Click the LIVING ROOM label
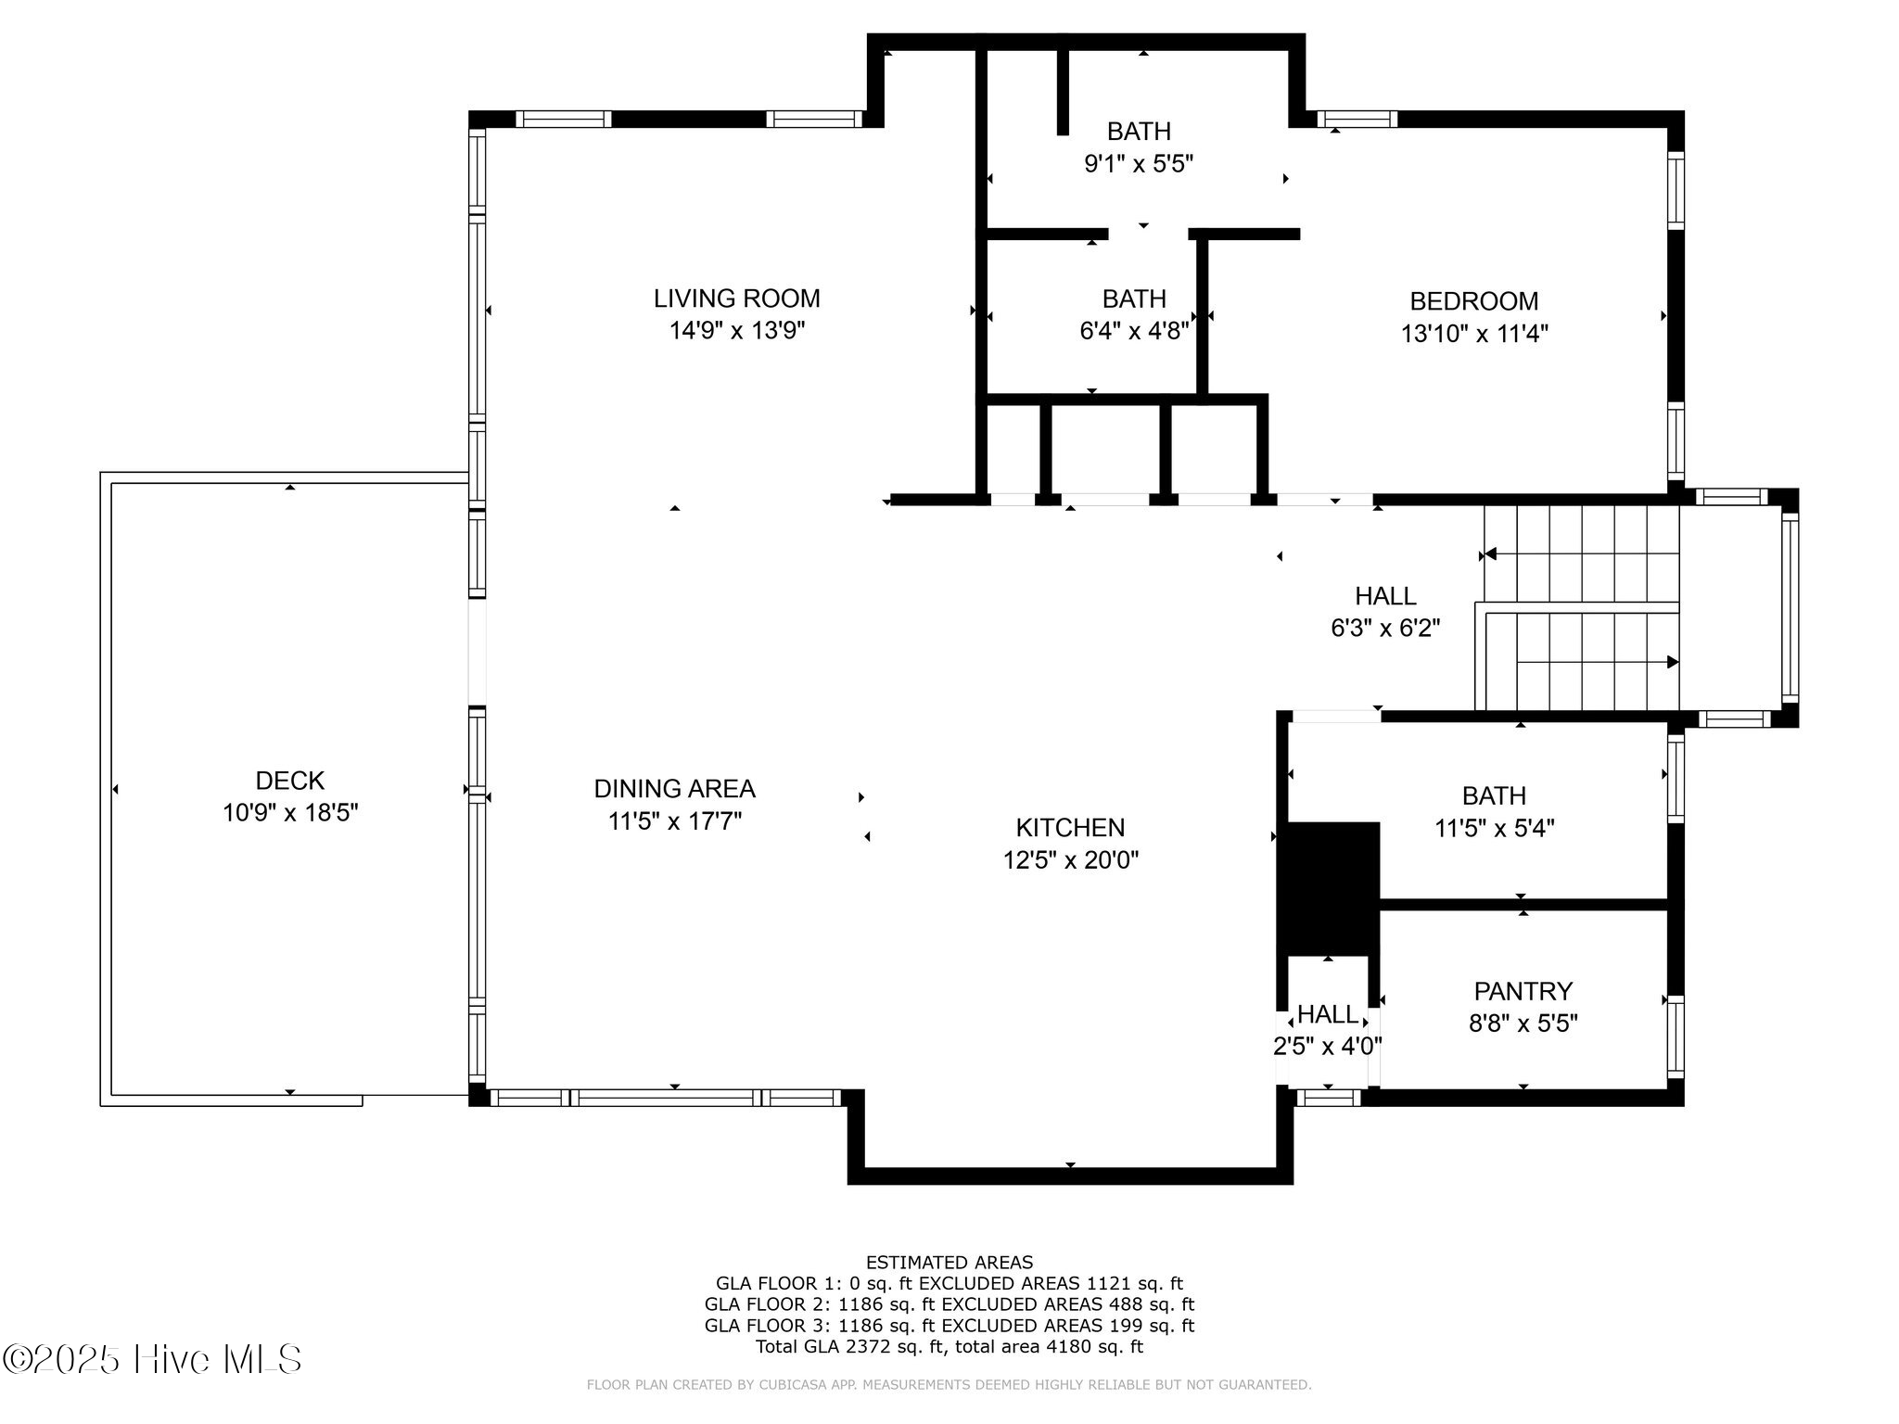point(736,299)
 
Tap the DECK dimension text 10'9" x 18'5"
point(290,813)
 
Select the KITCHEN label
point(1070,828)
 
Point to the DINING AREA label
point(674,789)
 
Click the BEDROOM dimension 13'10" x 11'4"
point(1474,334)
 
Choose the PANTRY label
point(1523,991)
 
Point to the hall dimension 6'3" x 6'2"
point(1385,629)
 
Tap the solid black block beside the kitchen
point(1328,888)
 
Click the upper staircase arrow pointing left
point(1490,554)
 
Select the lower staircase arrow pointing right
point(1672,662)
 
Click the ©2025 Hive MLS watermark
point(152,1360)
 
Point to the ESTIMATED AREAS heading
point(949,1262)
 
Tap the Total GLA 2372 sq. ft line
point(949,1347)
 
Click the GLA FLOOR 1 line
point(949,1284)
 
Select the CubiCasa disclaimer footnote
point(949,1385)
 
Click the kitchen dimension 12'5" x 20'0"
point(1070,860)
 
